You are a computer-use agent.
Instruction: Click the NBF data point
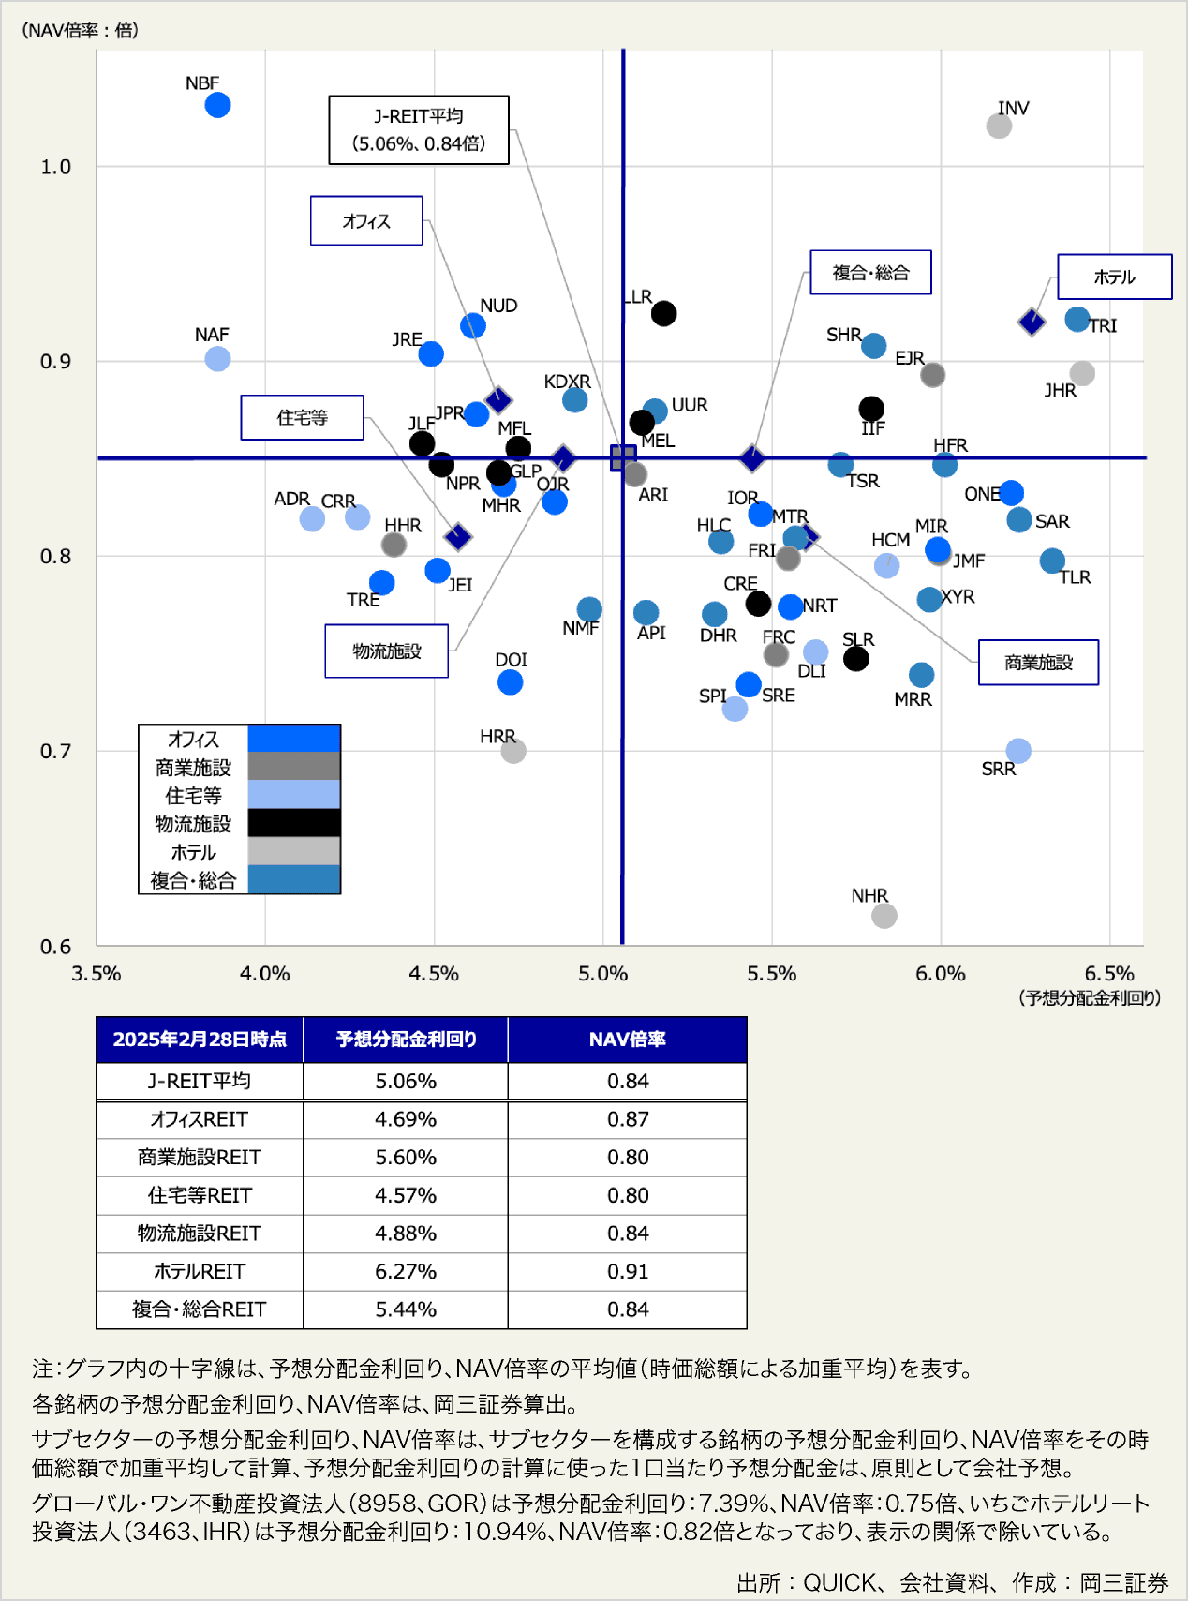pos(217,105)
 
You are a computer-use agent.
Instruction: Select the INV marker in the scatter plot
pos(999,126)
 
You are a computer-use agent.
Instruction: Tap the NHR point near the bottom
pos(884,916)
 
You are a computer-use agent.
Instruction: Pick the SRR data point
pos(1018,751)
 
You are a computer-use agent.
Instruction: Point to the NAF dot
pos(217,359)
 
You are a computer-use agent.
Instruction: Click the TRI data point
pos(1077,320)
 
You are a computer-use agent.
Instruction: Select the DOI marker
pos(510,682)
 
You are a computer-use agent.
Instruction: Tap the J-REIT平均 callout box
pos(419,129)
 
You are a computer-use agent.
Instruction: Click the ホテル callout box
pos(1114,277)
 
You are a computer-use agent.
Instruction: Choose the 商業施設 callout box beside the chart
pos(1038,663)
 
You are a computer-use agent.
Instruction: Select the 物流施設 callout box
pos(386,651)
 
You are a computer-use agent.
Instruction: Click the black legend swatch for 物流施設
pos(293,823)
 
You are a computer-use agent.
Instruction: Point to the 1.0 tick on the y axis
pos(55,167)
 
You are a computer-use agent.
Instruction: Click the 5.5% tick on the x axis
pos(771,974)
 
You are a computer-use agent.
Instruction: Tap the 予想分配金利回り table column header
pos(406,1040)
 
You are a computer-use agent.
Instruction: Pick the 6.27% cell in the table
pos(406,1271)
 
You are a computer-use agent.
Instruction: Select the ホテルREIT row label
pos(200,1271)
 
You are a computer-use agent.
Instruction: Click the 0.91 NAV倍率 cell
pos(627,1271)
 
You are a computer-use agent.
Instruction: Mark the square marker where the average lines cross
pos(623,457)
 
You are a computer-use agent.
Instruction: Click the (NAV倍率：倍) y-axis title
pos(80,31)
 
